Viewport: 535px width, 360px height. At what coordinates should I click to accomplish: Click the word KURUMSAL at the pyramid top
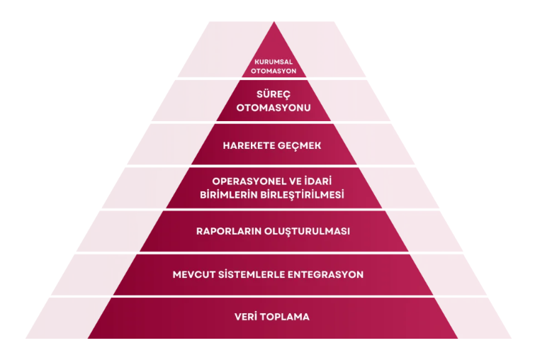click(274, 62)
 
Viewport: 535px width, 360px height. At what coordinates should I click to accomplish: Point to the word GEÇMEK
click(300, 146)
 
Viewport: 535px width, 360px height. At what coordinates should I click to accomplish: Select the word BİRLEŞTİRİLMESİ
click(305, 194)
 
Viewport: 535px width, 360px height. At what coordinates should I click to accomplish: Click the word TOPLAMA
click(286, 317)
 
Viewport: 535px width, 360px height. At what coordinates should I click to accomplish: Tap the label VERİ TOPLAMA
click(273, 317)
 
